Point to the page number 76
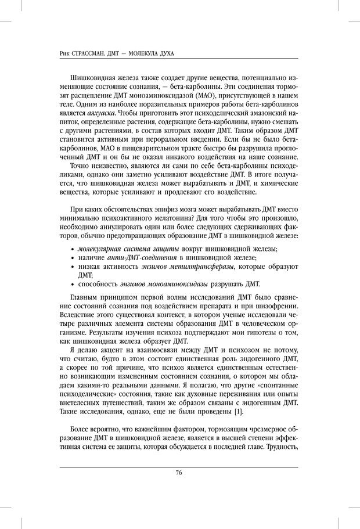point(179,472)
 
